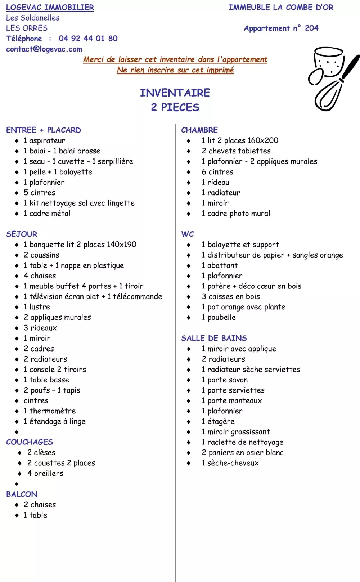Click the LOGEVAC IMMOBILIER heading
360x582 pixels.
50,7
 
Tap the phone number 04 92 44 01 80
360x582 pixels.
88,39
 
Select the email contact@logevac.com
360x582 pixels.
44,49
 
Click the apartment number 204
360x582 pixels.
311,28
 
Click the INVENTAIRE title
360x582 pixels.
175,93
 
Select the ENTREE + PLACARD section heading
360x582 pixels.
44,130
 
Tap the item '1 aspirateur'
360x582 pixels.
44,140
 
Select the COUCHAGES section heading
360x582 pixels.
30,442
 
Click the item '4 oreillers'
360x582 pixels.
45,473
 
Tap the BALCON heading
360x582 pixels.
22,494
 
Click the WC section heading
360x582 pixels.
187,234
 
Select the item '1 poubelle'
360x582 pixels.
219,317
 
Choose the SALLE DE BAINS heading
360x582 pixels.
214,338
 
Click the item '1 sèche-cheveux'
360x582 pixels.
230,463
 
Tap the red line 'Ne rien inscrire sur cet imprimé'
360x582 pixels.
175,70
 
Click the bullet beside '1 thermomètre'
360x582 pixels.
17,411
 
